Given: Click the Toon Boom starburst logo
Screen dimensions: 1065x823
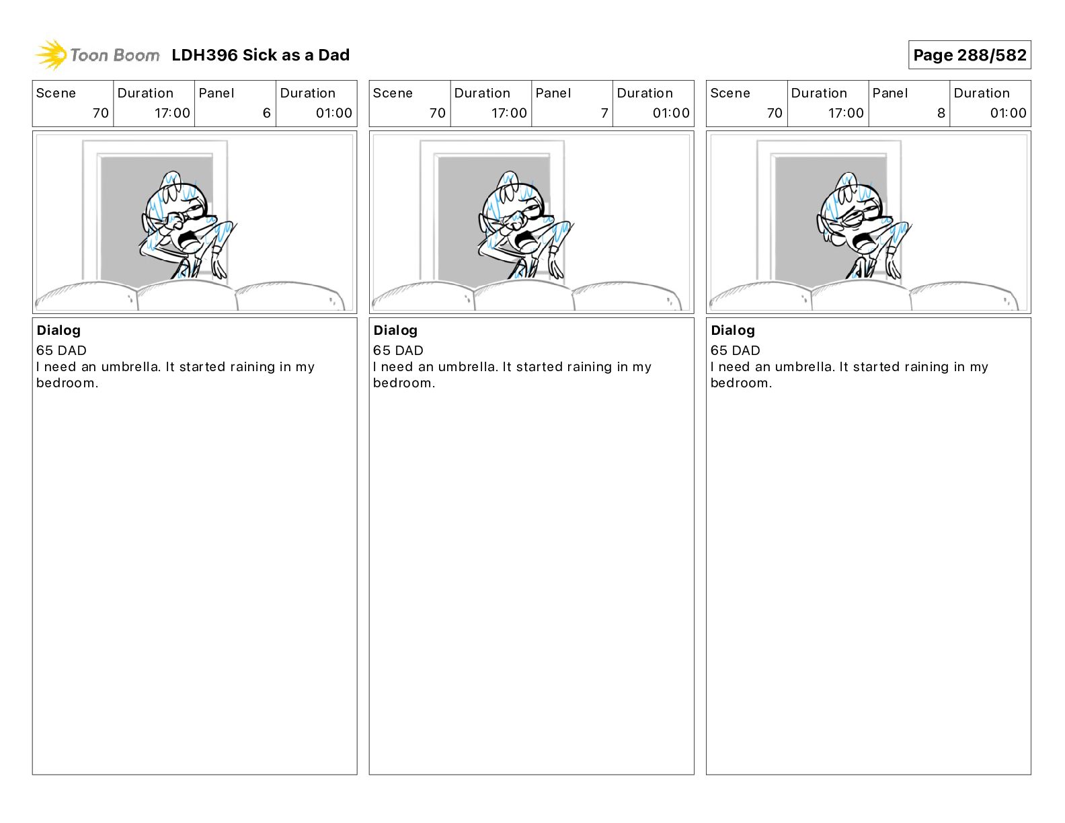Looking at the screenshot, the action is [x=50, y=55].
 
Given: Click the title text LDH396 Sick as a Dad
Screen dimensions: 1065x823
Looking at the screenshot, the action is [x=261, y=55].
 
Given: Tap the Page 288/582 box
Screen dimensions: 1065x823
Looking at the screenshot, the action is [x=970, y=55].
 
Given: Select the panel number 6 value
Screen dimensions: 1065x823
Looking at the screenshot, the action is [x=267, y=113].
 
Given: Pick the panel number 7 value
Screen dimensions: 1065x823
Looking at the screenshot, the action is [x=604, y=113].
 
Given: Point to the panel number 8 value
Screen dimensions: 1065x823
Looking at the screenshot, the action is [x=941, y=113].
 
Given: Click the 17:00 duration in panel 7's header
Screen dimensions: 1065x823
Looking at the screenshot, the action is [x=509, y=113].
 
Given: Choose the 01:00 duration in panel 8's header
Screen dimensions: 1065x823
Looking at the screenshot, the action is [x=1008, y=113].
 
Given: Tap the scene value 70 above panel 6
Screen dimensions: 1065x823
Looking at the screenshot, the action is [x=100, y=113].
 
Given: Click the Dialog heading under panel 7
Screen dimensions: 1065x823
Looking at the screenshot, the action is [x=395, y=330].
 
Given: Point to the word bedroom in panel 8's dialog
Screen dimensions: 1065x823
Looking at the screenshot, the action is [x=741, y=383].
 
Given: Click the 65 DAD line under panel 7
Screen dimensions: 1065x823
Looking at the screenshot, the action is [x=398, y=350].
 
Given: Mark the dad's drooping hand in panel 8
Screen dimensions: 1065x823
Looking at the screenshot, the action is [x=893, y=265].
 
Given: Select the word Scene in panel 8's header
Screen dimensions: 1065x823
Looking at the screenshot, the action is [x=729, y=93].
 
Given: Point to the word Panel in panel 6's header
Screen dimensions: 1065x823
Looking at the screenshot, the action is [x=216, y=93].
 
